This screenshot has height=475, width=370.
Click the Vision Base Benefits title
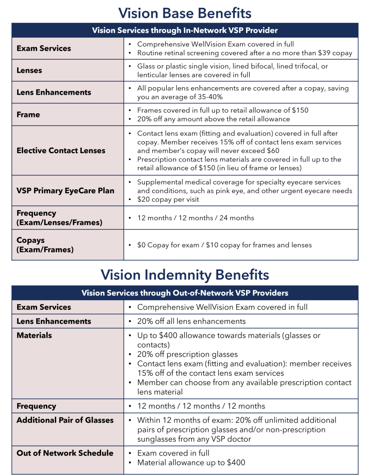point(185,13)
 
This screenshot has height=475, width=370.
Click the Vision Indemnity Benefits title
point(185,275)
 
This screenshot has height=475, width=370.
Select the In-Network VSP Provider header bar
point(185,31)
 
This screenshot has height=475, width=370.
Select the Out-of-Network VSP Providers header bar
point(185,293)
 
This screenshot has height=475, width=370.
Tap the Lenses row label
point(29,71)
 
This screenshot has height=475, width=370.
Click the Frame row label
point(28,115)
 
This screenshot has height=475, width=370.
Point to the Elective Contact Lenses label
point(61,151)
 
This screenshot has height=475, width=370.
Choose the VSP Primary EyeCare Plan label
point(65,191)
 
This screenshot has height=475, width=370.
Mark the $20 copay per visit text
point(168,199)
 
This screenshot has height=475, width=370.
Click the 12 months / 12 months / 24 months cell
point(195,218)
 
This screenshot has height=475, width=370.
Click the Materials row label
point(34,335)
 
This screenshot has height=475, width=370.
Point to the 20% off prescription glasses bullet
point(187,354)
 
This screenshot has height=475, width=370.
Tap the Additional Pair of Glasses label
point(65,420)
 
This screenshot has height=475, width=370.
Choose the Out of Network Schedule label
point(65,453)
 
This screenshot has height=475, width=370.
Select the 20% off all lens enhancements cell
point(191,321)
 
